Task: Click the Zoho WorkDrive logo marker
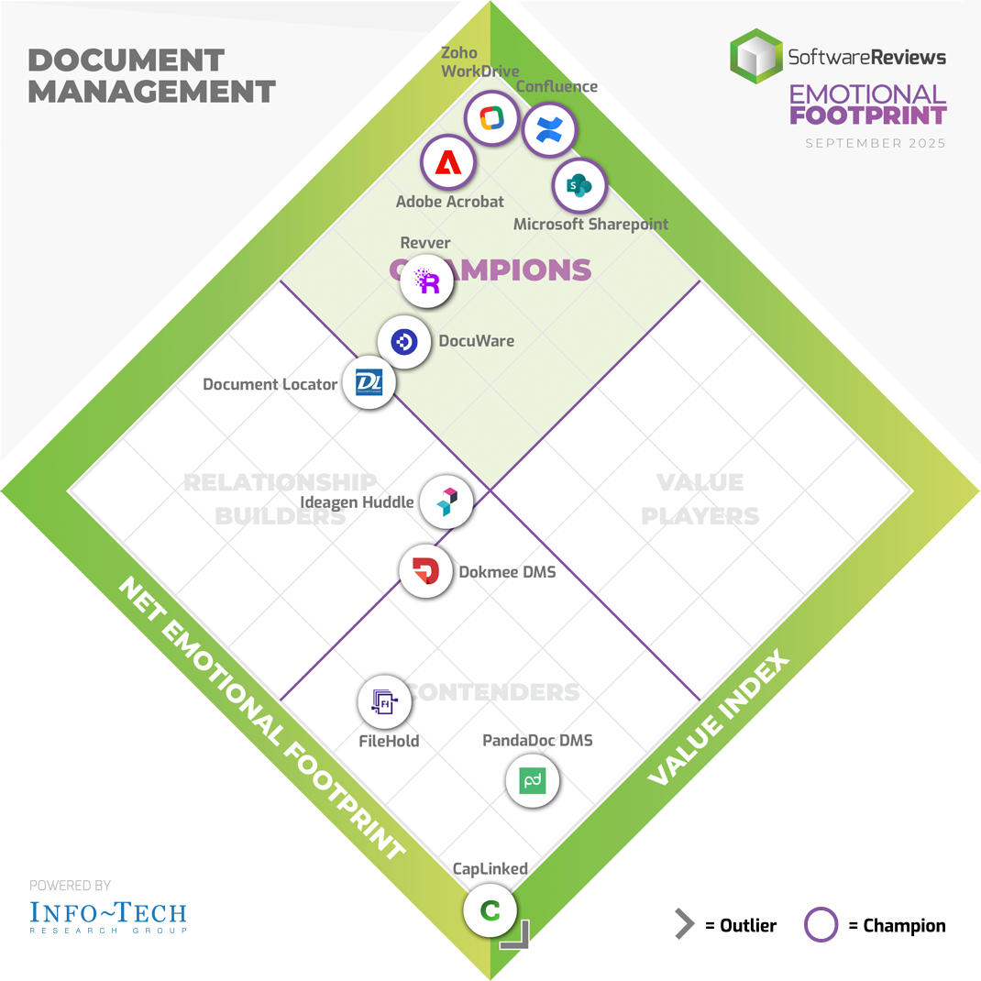tap(490, 118)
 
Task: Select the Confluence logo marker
tap(548, 130)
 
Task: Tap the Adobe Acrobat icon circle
tap(447, 163)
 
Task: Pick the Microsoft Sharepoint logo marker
tap(579, 186)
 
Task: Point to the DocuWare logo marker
tap(404, 342)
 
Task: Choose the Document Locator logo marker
tap(369, 382)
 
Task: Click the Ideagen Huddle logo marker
tap(446, 502)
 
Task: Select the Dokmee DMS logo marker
tap(426, 572)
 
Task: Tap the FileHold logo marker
tap(384, 703)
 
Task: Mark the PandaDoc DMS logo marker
tap(533, 781)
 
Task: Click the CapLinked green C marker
tap(490, 910)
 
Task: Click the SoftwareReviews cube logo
tap(755, 56)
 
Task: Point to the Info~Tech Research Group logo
tap(108, 915)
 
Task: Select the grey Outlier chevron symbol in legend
tap(684, 925)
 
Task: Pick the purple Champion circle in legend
tap(821, 925)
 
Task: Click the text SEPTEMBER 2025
tap(876, 143)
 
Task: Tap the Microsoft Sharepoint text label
tap(590, 224)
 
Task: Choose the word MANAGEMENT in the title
tap(151, 91)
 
